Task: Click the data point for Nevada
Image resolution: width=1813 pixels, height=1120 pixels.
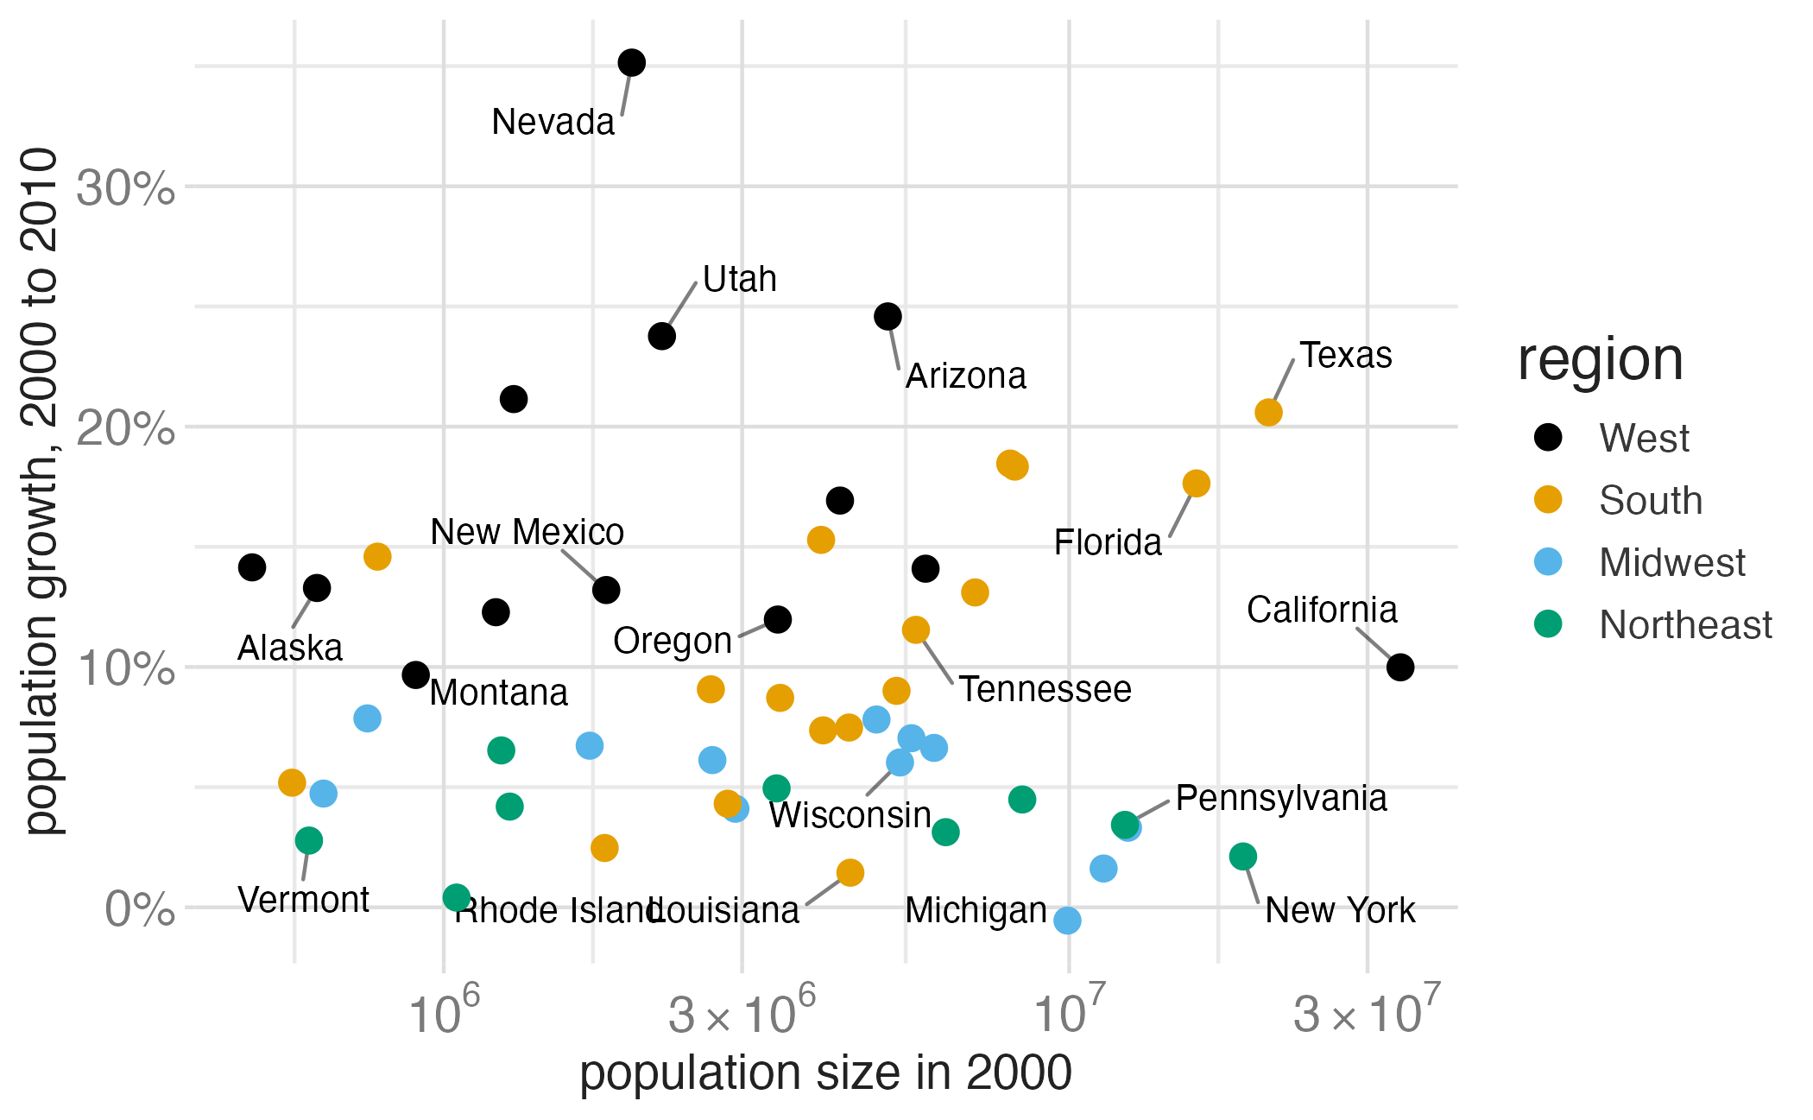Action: (631, 62)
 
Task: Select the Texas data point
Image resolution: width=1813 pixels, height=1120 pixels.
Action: (1268, 412)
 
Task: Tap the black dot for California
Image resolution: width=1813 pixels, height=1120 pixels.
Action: (1400, 667)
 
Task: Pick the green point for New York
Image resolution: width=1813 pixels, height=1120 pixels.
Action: (1242, 857)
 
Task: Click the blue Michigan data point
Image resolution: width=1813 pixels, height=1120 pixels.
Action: (1067, 921)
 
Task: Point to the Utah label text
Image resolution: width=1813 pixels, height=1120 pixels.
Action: (740, 279)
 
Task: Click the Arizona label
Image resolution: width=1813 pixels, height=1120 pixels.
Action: (966, 376)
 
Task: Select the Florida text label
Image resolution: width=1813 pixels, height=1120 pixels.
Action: (1108, 542)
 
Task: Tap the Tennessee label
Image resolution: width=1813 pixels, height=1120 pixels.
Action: (1045, 689)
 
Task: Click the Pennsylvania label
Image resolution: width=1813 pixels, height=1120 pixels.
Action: (1281, 798)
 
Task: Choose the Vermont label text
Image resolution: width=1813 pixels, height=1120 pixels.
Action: (303, 900)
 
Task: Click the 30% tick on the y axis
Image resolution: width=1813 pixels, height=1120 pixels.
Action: (126, 187)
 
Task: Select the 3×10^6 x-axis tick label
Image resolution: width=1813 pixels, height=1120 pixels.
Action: (742, 1010)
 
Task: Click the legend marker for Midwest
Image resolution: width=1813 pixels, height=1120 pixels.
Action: (1549, 561)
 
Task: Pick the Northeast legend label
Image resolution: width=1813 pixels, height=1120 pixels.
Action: (1685, 624)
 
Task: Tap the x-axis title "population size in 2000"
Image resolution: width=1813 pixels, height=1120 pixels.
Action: (825, 1073)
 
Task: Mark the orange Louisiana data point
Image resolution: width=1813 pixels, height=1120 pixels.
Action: (850, 872)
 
